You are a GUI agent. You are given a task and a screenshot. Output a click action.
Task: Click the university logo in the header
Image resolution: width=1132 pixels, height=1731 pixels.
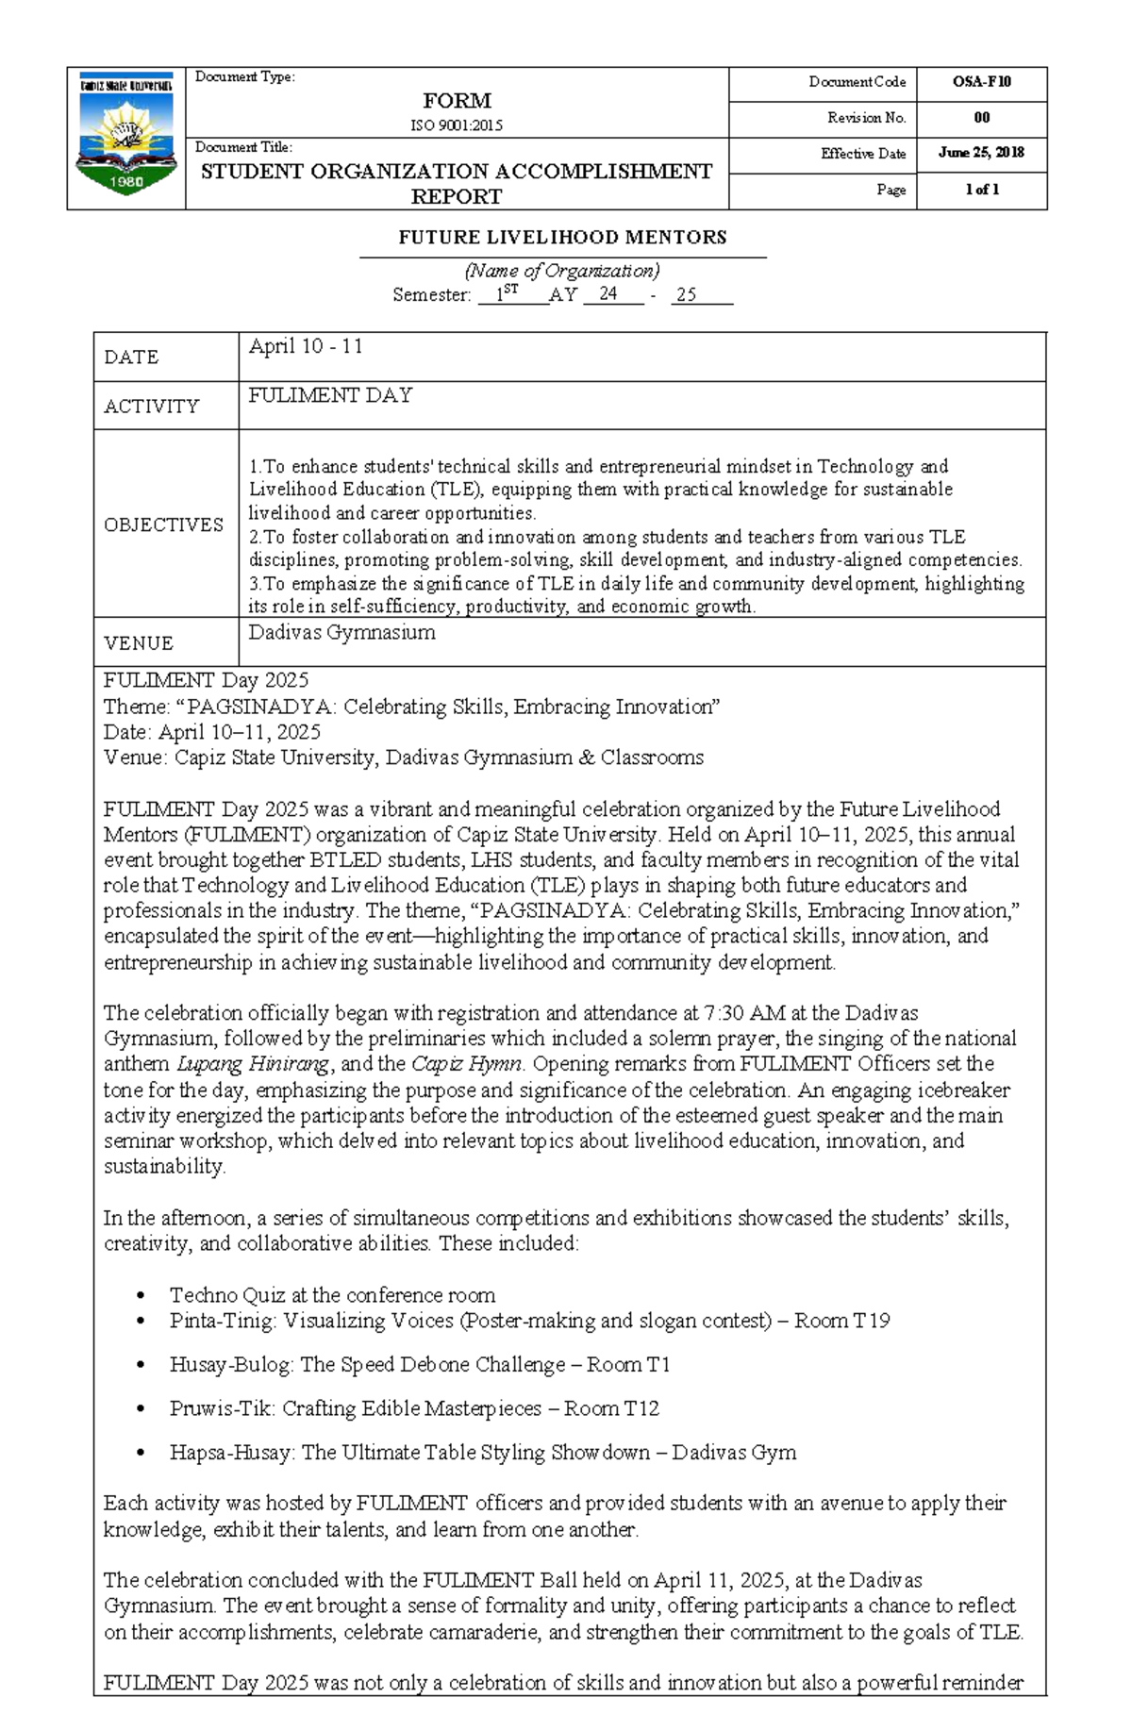(x=125, y=137)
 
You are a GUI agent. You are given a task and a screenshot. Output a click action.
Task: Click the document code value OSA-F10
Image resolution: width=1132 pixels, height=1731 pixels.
(x=981, y=82)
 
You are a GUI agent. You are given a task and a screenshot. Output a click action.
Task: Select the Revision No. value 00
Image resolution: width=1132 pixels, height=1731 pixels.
(x=981, y=118)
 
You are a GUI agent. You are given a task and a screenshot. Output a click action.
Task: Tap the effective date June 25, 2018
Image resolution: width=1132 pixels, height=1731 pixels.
(x=981, y=153)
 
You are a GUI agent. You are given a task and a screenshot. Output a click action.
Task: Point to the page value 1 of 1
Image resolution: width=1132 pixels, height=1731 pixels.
(x=981, y=190)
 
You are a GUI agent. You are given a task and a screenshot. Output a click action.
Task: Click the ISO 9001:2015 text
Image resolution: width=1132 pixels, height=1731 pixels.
(x=457, y=125)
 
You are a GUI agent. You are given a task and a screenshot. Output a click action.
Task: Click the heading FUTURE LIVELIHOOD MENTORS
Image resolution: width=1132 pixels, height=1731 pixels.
(x=562, y=238)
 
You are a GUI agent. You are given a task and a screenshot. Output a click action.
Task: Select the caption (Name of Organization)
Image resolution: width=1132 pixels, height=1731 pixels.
(x=563, y=271)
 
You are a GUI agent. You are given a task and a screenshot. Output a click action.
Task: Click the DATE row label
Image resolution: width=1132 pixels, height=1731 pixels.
(x=131, y=358)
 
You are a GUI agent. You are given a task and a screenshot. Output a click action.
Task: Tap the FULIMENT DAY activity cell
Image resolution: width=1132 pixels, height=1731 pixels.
(x=330, y=395)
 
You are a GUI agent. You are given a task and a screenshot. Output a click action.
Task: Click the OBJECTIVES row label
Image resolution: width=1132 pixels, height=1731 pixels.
(x=163, y=524)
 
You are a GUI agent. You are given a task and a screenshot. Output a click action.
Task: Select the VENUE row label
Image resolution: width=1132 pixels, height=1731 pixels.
(x=139, y=643)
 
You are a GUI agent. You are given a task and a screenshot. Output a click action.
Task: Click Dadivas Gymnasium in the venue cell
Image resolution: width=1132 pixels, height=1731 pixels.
(x=341, y=632)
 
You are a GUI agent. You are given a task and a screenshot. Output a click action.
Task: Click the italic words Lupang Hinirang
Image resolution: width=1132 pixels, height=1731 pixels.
(x=253, y=1064)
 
